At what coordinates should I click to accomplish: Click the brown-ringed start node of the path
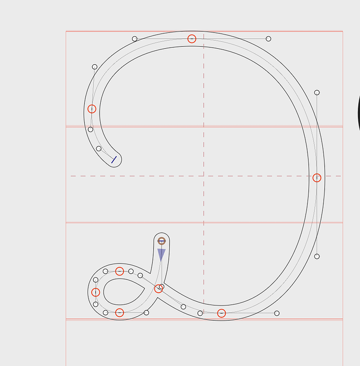[x=162, y=241]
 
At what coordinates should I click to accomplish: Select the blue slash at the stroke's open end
[x=114, y=160]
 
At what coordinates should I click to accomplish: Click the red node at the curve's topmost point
[x=192, y=39]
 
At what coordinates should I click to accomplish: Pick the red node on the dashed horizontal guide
[x=317, y=178]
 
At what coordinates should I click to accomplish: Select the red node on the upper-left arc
[x=92, y=109]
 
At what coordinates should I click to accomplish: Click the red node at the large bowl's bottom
[x=222, y=313]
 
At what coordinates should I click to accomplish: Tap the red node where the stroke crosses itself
[x=159, y=289]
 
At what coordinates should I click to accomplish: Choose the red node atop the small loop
[x=119, y=271]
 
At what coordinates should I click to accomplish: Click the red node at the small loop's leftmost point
[x=95, y=292]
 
